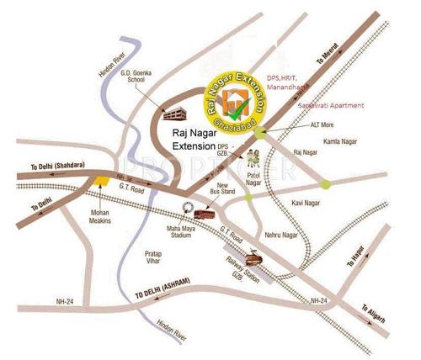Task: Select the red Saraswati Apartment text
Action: coord(332,105)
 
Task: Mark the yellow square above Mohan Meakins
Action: coord(101,179)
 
